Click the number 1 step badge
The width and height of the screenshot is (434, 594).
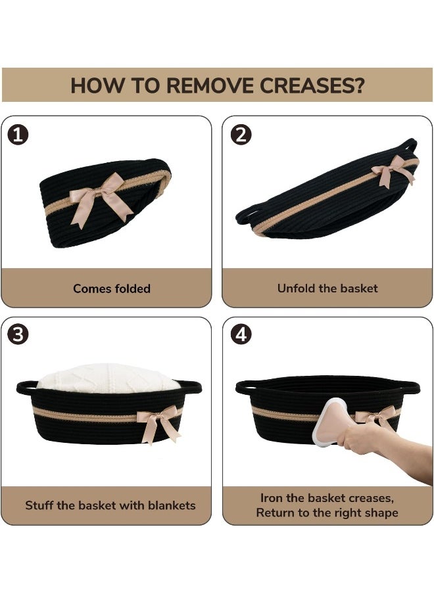click(x=18, y=135)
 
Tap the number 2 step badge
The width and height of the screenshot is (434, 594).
click(x=241, y=135)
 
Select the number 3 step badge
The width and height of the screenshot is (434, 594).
click(x=18, y=334)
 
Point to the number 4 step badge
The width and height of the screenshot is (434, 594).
click(x=241, y=334)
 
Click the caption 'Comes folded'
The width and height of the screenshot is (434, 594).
click(x=112, y=288)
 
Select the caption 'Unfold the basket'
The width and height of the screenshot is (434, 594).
click(x=327, y=288)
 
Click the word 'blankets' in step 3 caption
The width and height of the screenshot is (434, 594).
click(x=172, y=505)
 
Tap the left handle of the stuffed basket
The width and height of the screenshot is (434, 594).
click(x=26, y=387)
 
